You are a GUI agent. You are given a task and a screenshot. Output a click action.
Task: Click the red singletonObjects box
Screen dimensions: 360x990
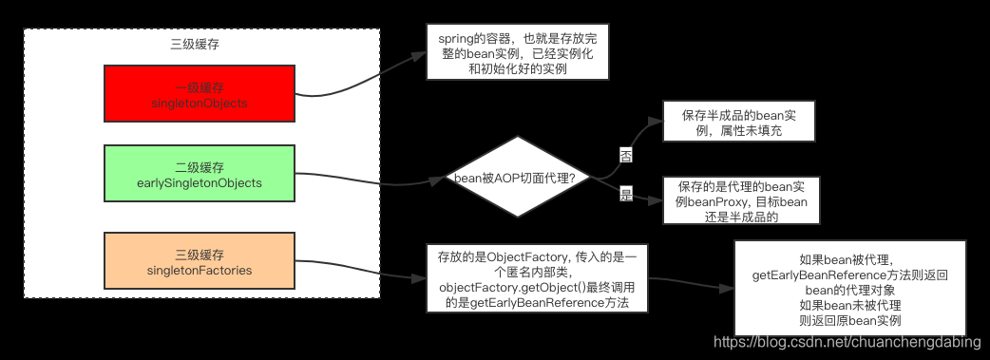pyautogui.click(x=200, y=94)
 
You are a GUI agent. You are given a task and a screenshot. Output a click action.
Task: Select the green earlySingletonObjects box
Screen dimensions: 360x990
pyautogui.click(x=200, y=173)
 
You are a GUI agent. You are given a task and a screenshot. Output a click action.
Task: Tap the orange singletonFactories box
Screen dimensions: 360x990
pyautogui.click(x=200, y=261)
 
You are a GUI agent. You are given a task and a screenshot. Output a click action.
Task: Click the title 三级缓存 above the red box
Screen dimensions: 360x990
pyautogui.click(x=200, y=45)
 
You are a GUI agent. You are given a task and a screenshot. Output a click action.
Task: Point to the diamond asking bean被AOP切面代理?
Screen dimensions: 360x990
pyautogui.click(x=519, y=179)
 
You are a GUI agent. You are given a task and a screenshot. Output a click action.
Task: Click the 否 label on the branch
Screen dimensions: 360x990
pyautogui.click(x=626, y=155)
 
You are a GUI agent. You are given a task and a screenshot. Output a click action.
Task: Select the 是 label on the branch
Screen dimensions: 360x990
pyautogui.click(x=626, y=194)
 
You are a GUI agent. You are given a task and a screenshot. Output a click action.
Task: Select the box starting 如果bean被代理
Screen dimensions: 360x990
pyautogui.click(x=850, y=287)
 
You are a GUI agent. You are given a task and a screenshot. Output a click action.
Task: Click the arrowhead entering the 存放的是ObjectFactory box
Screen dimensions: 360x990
pyautogui.click(x=421, y=279)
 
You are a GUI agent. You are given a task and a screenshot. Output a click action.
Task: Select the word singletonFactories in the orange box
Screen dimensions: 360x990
pyautogui.click(x=200, y=271)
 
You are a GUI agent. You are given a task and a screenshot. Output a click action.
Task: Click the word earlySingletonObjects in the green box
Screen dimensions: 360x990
pyautogui.click(x=200, y=182)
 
